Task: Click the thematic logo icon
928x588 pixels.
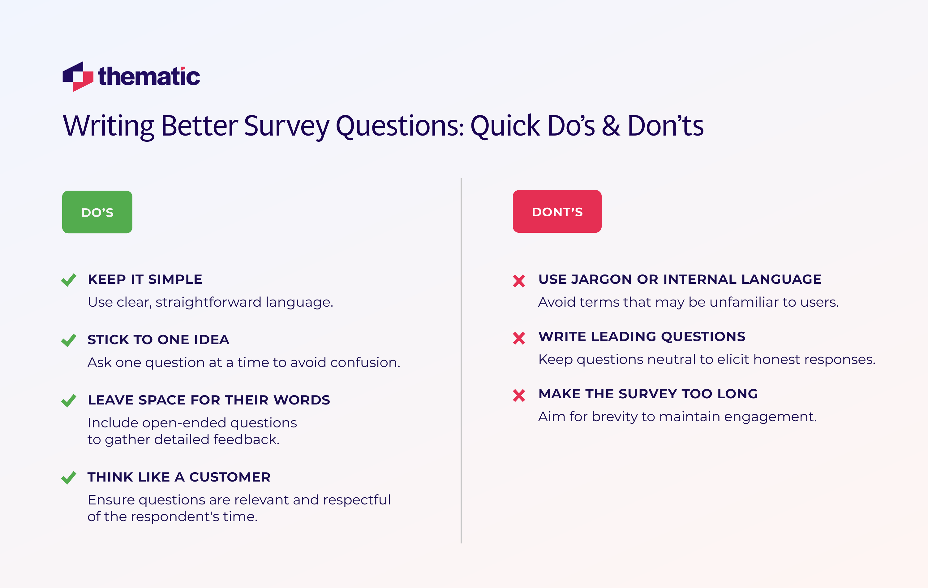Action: pos(78,76)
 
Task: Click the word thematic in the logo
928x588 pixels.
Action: pos(149,76)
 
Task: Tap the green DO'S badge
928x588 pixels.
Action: pos(97,212)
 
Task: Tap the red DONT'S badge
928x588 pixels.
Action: pos(557,212)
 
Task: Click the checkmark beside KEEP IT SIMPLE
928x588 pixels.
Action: pos(69,280)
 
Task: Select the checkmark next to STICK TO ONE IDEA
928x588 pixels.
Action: pos(69,340)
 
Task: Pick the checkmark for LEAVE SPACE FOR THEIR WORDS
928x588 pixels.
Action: pos(69,400)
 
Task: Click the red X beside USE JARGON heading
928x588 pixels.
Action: pos(519,281)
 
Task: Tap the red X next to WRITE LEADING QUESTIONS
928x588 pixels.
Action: pos(519,338)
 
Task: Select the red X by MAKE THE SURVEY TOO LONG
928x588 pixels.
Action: pos(519,395)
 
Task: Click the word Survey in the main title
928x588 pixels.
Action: pos(287,126)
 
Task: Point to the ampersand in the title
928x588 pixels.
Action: pos(611,126)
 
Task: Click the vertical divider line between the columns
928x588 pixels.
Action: pos(461,361)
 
